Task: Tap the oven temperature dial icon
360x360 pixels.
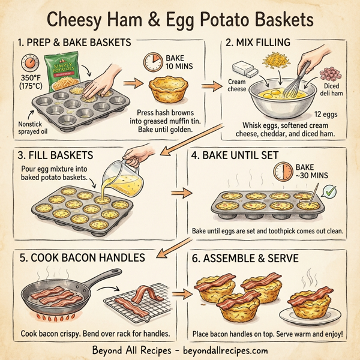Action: tap(28, 64)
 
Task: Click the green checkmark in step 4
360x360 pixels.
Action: tap(328, 192)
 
